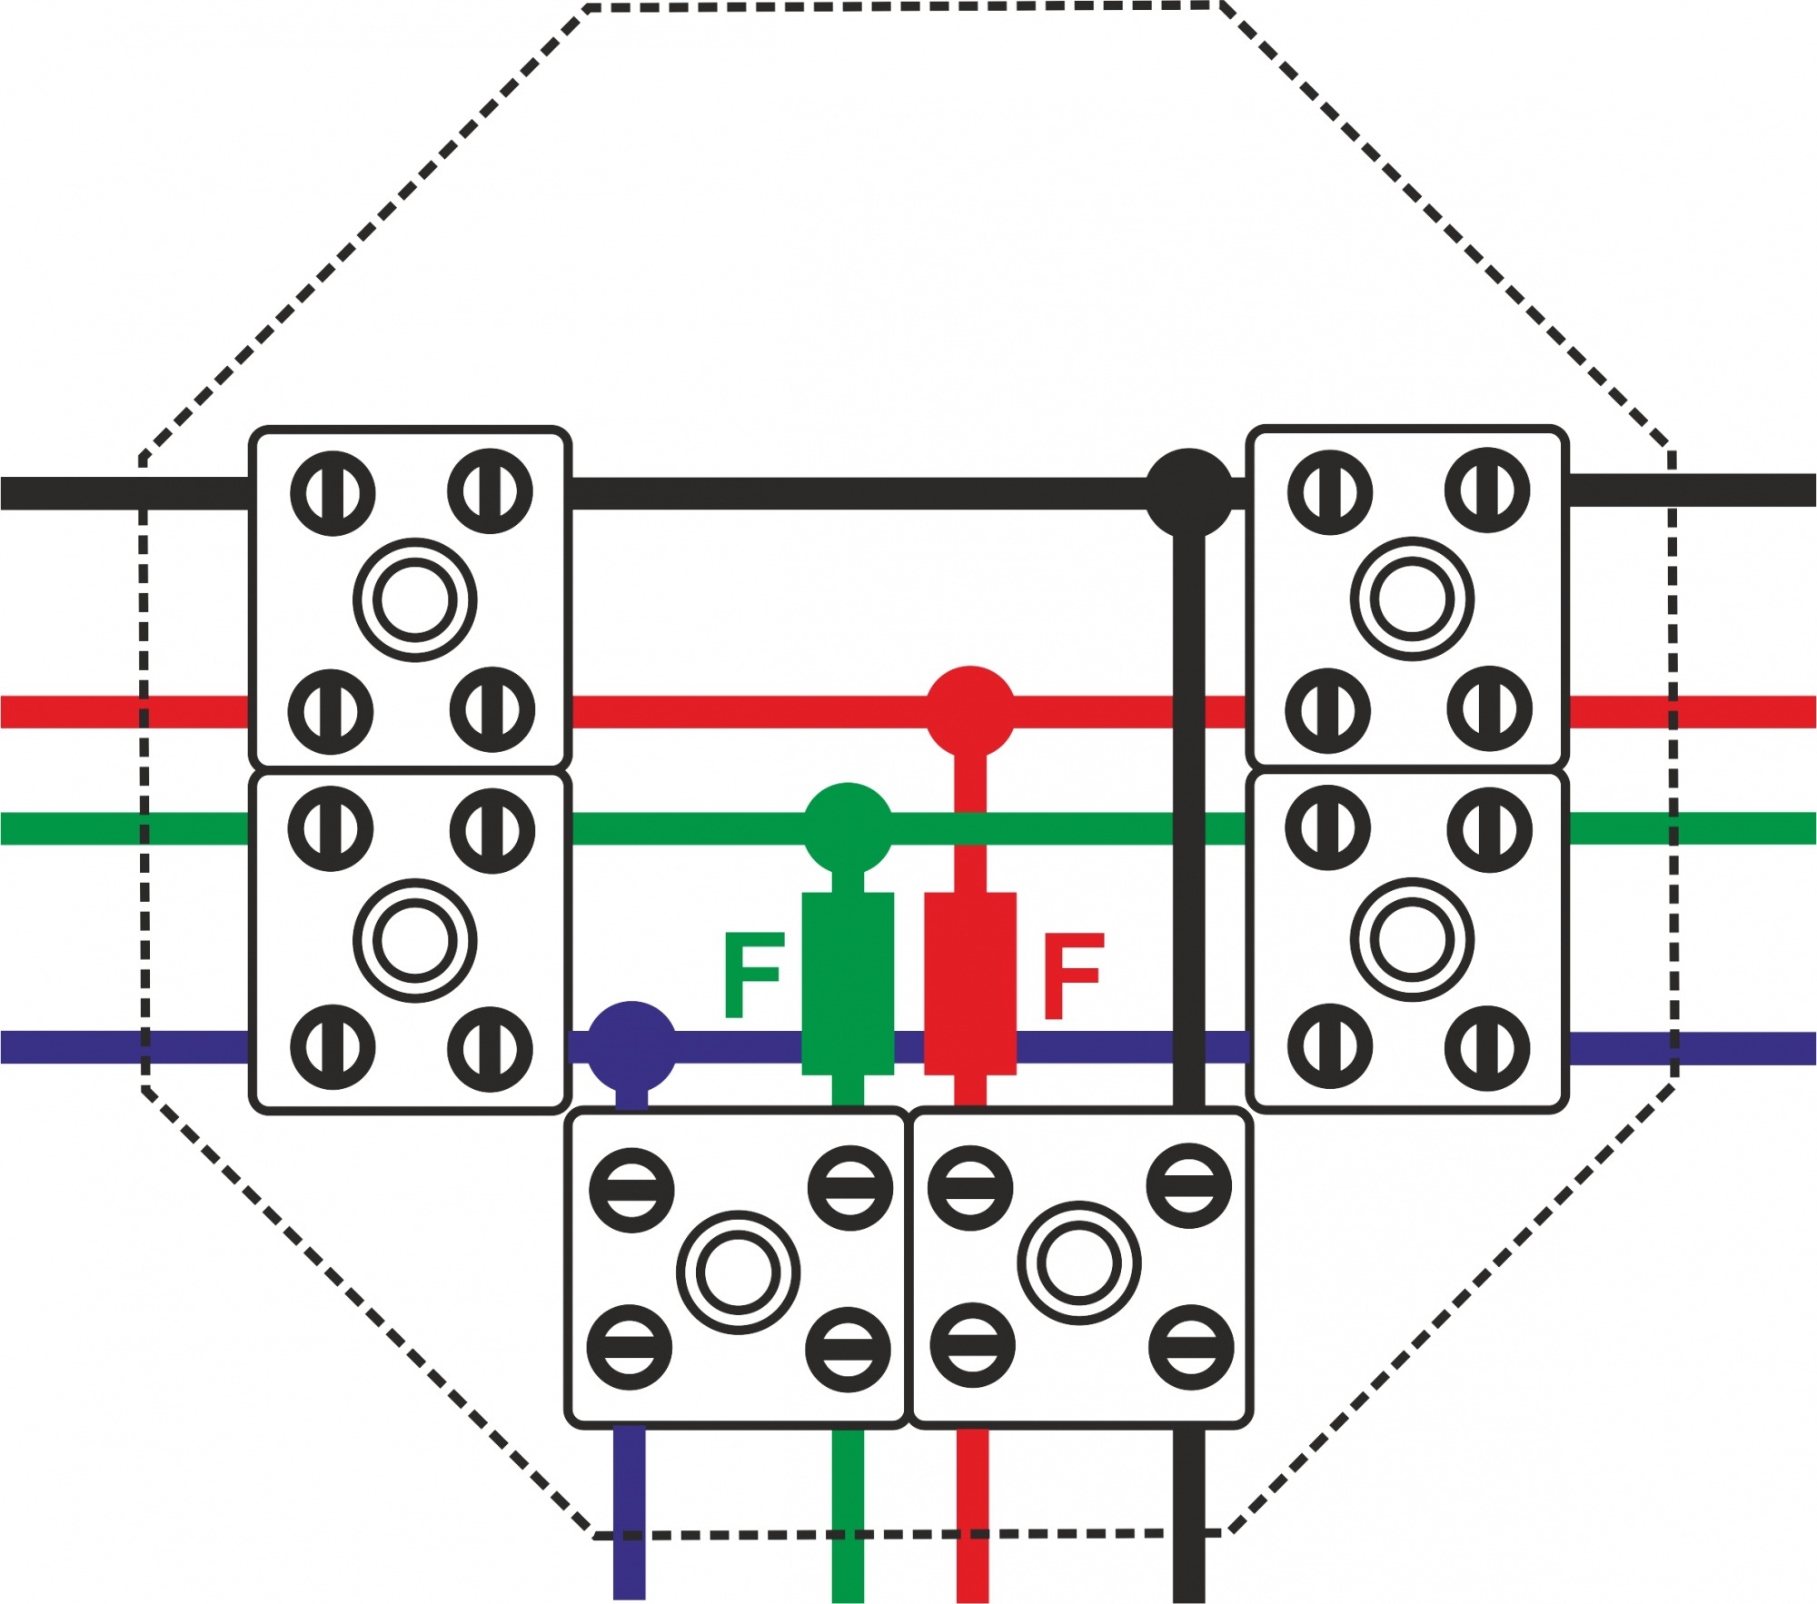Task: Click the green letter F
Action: pyautogui.click(x=753, y=975)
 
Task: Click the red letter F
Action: pyautogui.click(x=1074, y=975)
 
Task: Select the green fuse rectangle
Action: pyautogui.click(x=848, y=984)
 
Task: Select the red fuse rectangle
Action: pyautogui.click(x=970, y=984)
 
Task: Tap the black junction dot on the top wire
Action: pyautogui.click(x=1189, y=493)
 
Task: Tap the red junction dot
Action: pyautogui.click(x=970, y=711)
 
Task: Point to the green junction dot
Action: pyautogui.click(x=848, y=827)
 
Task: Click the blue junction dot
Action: pyautogui.click(x=632, y=1046)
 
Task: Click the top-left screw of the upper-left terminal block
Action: pyautogui.click(x=333, y=493)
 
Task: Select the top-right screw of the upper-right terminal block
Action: pyautogui.click(x=1487, y=490)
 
